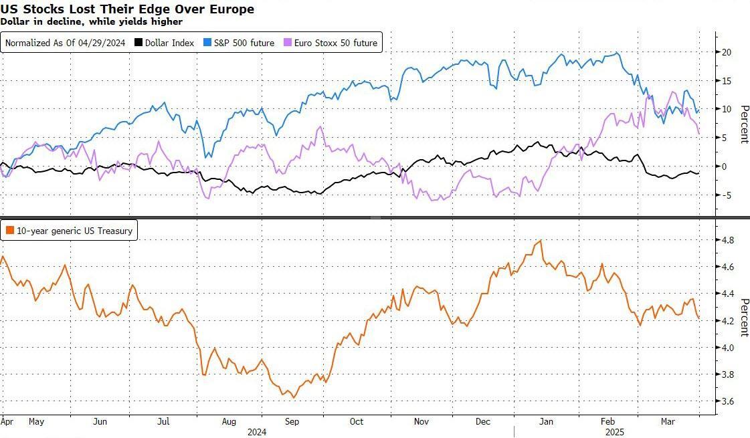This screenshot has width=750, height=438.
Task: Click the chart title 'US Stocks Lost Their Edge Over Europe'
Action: click(127, 9)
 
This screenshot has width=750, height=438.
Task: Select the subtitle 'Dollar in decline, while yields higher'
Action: click(92, 21)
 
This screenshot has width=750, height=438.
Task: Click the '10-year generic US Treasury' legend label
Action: click(70, 231)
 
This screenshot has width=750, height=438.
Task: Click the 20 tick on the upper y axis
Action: click(726, 52)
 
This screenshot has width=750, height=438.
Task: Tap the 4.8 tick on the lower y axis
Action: click(727, 240)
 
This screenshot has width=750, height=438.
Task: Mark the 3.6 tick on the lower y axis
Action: click(727, 401)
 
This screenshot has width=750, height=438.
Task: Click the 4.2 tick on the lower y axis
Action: click(727, 321)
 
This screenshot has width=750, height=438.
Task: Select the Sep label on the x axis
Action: click(292, 421)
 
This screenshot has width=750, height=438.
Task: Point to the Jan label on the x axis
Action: click(547, 421)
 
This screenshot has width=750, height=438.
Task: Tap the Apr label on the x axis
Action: click(7, 421)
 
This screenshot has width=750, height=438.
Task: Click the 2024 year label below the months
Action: click(257, 432)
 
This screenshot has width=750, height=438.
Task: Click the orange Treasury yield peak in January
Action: click(539, 241)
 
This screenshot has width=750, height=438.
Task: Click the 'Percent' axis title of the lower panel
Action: click(743, 318)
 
